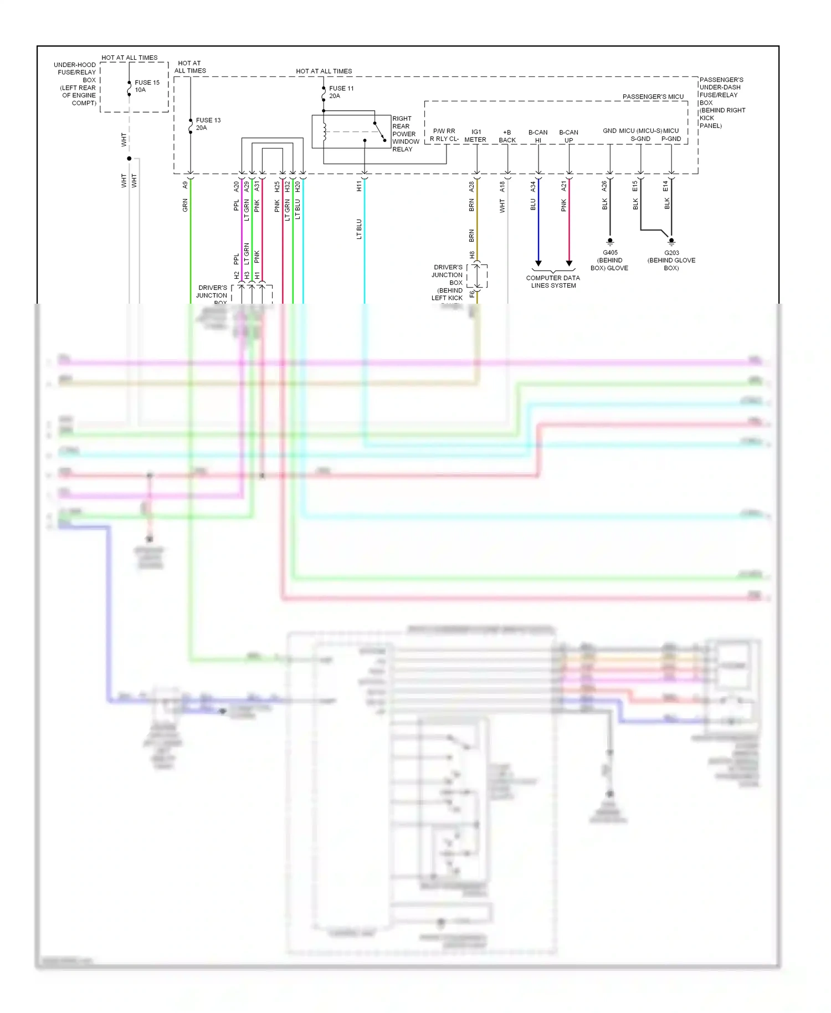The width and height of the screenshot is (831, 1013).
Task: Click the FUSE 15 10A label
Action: point(147,86)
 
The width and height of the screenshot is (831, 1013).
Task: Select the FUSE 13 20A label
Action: point(208,124)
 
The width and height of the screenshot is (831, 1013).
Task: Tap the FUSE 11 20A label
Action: point(341,92)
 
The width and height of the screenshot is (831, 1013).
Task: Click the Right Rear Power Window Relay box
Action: point(351,132)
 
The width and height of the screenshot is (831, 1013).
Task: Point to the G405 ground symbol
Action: point(610,242)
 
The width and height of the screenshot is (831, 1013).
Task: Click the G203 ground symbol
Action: point(671,242)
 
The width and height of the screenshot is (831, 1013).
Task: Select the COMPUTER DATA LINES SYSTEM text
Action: point(553,282)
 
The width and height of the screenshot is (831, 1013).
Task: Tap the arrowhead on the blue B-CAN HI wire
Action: point(538,263)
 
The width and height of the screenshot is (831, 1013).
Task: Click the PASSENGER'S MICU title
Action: point(653,96)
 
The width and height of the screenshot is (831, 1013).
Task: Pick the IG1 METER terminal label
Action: point(475,136)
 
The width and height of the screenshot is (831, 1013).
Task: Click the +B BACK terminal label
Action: point(507,136)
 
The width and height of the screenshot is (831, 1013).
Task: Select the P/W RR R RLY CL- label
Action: point(444,135)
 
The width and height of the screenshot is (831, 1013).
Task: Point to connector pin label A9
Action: point(185,186)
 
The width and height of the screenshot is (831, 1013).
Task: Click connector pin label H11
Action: point(359,186)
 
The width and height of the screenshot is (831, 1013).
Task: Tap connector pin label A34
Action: point(533,187)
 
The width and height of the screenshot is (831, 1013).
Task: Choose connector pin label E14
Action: point(666,187)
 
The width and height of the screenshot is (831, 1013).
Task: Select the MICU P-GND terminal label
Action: point(671,135)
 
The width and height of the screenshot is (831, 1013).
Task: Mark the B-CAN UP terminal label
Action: point(568,136)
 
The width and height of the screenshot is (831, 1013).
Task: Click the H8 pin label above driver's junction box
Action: point(472,255)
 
